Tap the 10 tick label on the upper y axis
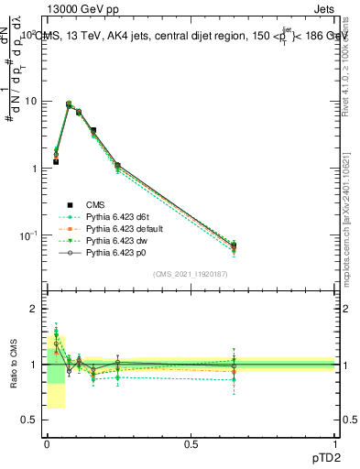click(x=31, y=102)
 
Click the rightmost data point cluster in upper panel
click(x=234, y=245)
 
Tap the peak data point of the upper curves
click(x=69, y=104)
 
